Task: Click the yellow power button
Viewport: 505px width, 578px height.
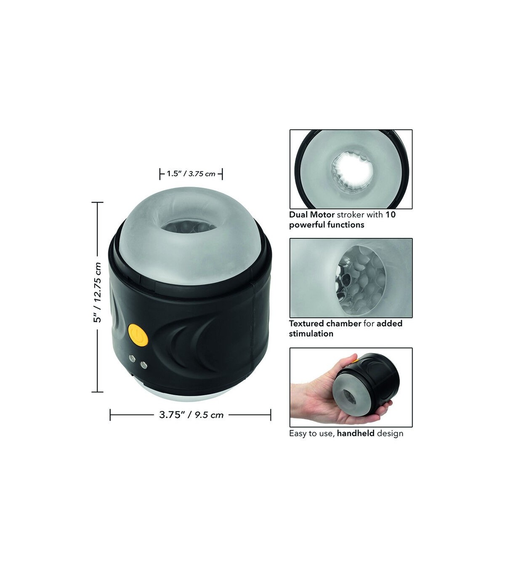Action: (x=138, y=335)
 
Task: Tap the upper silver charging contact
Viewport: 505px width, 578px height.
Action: (x=131, y=359)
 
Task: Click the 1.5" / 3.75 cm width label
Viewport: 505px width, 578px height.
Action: (x=191, y=174)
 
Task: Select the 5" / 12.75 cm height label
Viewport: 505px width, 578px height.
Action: (x=98, y=292)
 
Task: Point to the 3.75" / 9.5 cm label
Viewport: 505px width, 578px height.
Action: (x=191, y=415)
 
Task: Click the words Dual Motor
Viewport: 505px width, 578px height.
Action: (x=312, y=215)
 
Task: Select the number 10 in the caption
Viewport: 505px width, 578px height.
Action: (x=391, y=215)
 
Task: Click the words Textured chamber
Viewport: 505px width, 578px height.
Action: (x=325, y=324)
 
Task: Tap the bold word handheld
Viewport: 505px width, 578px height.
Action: (x=356, y=433)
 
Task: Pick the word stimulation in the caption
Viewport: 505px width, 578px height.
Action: (x=311, y=334)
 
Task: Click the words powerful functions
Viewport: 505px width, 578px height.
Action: (x=327, y=225)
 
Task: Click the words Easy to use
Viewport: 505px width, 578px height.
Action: (x=312, y=433)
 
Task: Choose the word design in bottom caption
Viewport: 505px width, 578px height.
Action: (x=390, y=433)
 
